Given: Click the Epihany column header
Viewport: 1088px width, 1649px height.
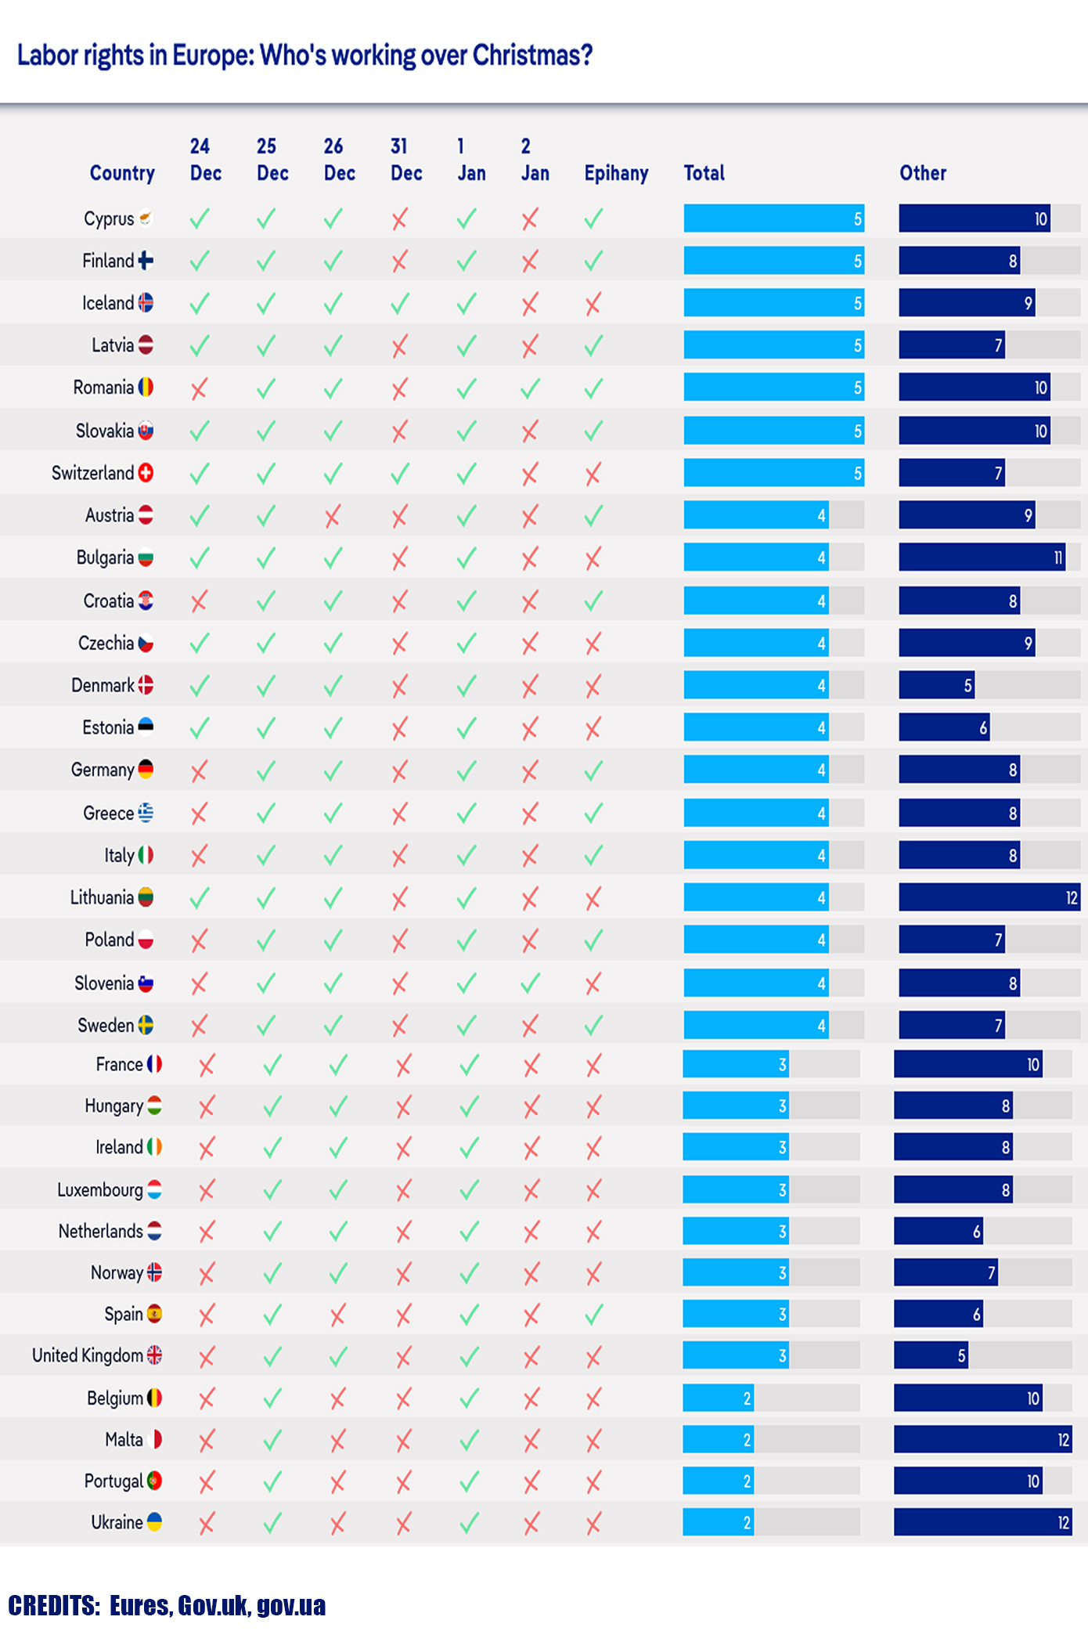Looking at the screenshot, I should (616, 173).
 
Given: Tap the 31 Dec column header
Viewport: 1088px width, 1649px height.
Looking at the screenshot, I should (406, 160).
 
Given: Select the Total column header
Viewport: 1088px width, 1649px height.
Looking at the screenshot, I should (704, 173).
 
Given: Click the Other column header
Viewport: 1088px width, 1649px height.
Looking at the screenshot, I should (923, 173).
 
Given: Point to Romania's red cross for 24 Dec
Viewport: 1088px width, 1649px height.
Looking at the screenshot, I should (200, 388).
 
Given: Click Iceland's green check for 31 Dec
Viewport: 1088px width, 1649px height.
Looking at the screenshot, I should (400, 304).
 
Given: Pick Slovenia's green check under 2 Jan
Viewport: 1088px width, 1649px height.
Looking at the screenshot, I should (530, 983).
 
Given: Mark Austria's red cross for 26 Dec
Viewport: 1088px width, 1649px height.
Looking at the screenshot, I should (333, 516).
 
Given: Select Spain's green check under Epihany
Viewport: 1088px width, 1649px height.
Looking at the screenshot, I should (593, 1314).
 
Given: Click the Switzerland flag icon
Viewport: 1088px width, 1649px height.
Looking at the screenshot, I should (146, 473).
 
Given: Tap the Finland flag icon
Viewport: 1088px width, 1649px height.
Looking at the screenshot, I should (146, 261).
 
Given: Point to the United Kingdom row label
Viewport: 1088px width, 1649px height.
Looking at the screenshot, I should (87, 1355).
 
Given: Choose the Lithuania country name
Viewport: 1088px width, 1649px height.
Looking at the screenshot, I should (102, 897).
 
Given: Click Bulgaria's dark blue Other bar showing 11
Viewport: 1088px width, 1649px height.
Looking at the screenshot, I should (982, 557).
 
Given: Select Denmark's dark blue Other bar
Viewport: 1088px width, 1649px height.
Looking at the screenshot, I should (936, 685).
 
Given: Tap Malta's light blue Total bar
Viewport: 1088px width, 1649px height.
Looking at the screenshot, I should (718, 1439).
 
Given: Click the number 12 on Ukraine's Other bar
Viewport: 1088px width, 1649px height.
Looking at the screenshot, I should (1063, 1522).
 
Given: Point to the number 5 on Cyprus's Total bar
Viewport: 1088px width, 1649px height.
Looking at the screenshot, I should (858, 219).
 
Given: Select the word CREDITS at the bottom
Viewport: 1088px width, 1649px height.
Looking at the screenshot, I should (53, 1605).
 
